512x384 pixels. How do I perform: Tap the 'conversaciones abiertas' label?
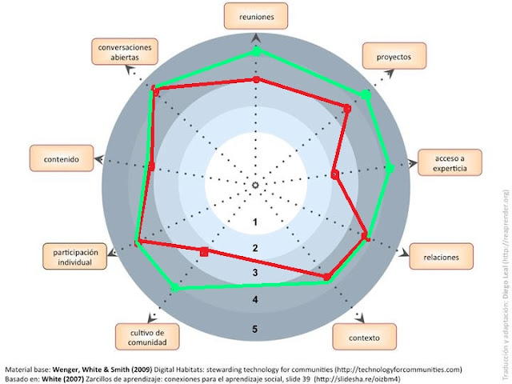tap(125, 52)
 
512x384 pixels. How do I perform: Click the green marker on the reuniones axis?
tap(256, 51)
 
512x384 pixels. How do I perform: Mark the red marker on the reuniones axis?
tap(256, 80)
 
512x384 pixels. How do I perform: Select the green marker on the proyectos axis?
tap(366, 95)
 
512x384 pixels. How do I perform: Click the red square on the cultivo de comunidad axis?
tap(204, 252)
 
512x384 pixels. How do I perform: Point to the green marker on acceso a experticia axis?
tap(389, 168)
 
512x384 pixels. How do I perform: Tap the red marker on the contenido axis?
tap(151, 166)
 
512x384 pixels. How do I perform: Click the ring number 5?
tap(255, 329)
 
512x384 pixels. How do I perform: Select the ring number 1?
tap(255, 222)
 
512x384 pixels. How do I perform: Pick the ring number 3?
tap(255, 274)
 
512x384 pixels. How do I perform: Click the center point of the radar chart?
tap(255, 186)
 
